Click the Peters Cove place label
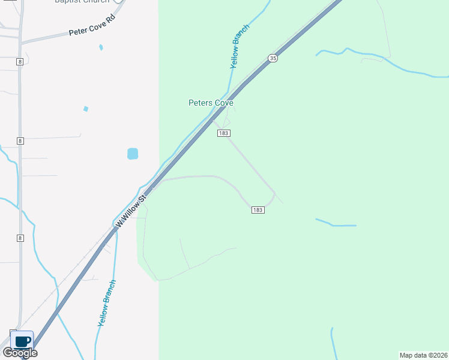click(211, 103)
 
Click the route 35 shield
click(273, 58)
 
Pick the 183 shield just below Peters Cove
click(224, 133)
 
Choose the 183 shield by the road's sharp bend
click(258, 209)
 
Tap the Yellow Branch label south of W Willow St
click(107, 303)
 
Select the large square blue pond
click(133, 154)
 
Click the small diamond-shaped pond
click(86, 109)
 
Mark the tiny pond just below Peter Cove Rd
click(101, 47)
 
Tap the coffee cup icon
click(22, 341)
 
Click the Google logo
click(20, 353)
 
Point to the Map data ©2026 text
click(424, 355)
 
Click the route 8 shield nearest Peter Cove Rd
click(20, 61)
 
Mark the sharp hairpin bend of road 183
click(274, 194)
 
